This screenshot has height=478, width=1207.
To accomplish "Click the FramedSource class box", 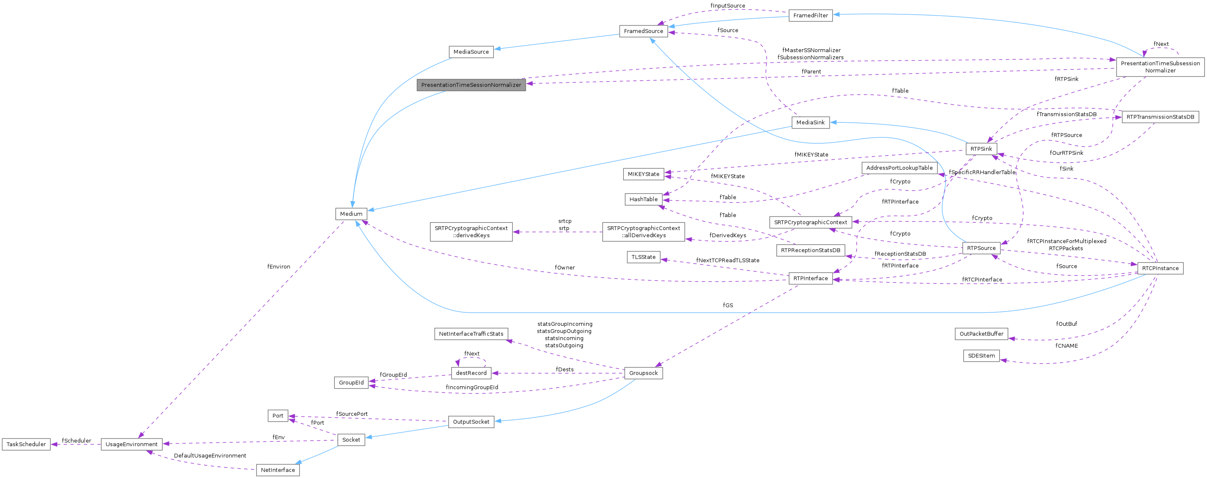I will tap(643, 31).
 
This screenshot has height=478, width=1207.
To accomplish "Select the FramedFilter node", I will tap(810, 16).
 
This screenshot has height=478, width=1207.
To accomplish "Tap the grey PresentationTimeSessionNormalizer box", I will tap(471, 85).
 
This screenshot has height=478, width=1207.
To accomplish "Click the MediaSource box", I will tap(471, 52).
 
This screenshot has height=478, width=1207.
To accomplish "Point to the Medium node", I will tap(351, 214).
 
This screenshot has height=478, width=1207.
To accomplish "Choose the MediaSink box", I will tap(810, 123).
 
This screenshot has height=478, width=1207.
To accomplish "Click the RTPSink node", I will tap(981, 149).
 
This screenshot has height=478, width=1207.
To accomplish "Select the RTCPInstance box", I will tap(1160, 268).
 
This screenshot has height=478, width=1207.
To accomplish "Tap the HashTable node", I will tap(643, 199).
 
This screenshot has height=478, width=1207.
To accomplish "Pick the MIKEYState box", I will tap(643, 174).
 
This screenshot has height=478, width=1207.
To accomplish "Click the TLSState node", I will tap(643, 257).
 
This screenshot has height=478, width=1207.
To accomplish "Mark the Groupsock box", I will tap(643, 373).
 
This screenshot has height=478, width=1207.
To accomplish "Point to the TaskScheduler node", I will tap(26, 444).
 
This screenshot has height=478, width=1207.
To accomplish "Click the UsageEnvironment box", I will tap(132, 444).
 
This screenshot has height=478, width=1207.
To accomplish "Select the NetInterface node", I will tap(278, 470).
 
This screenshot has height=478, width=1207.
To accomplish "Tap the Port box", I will tap(278, 416).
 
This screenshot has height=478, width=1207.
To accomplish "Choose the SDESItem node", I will tap(981, 356).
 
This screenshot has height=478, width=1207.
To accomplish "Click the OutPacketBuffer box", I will tap(981, 334).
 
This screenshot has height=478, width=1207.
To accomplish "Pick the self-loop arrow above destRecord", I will tap(471, 358).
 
